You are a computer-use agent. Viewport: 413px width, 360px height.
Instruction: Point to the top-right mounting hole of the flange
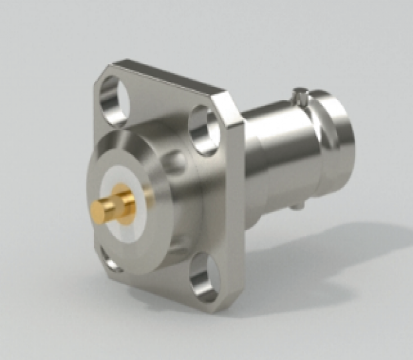point(203,133)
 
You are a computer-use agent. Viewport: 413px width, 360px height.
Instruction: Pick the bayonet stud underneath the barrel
point(295,200)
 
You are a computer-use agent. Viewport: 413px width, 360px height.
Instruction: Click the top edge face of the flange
point(167,77)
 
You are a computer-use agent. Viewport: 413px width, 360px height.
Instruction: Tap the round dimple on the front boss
point(175,161)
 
